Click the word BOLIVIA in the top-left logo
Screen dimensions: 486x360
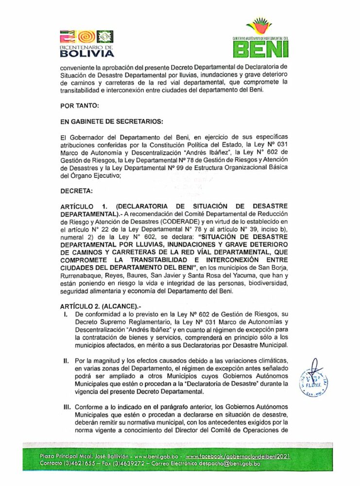coord(87,54)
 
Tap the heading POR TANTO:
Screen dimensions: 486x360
coord(80,105)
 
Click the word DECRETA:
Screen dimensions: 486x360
coord(76,191)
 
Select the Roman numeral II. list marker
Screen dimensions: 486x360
coord(66,362)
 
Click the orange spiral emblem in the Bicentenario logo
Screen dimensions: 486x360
coord(85,37)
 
